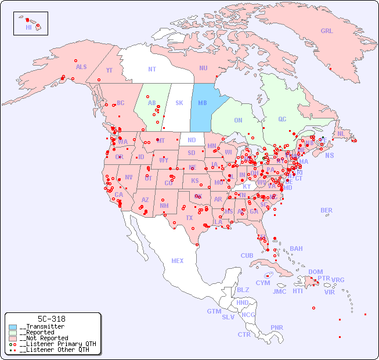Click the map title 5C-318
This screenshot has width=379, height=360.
pyautogui.click(x=51, y=319)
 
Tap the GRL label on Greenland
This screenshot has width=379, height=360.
pyautogui.click(x=327, y=31)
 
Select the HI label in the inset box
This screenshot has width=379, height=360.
pyautogui.click(x=28, y=27)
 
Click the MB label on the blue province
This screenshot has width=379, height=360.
pyautogui.click(x=203, y=103)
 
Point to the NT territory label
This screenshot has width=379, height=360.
pyautogui.click(x=152, y=69)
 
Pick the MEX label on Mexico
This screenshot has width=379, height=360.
pyautogui.click(x=178, y=261)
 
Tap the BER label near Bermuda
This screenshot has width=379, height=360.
pyautogui.click(x=326, y=210)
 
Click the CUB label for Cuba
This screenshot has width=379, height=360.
pyautogui.click(x=247, y=255)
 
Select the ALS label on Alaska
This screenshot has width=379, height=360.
pyautogui.click(x=81, y=67)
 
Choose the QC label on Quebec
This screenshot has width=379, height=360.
pyautogui.click(x=282, y=119)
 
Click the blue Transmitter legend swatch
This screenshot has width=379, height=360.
pyautogui.click(x=13, y=327)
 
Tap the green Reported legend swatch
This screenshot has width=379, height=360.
pyautogui.click(x=13, y=333)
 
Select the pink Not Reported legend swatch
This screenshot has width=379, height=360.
pyautogui.click(x=13, y=338)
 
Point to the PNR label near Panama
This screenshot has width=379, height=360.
pyautogui.click(x=277, y=327)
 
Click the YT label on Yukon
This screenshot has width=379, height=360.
pyautogui.click(x=109, y=70)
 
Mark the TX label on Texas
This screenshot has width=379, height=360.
pyautogui.click(x=189, y=218)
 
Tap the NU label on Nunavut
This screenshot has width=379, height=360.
pyautogui.click(x=203, y=68)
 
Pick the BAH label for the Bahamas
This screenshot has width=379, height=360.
pyautogui.click(x=296, y=249)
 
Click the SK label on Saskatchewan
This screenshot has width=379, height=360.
pyautogui.click(x=179, y=103)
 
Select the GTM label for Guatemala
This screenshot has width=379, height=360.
pyautogui.click(x=214, y=311)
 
